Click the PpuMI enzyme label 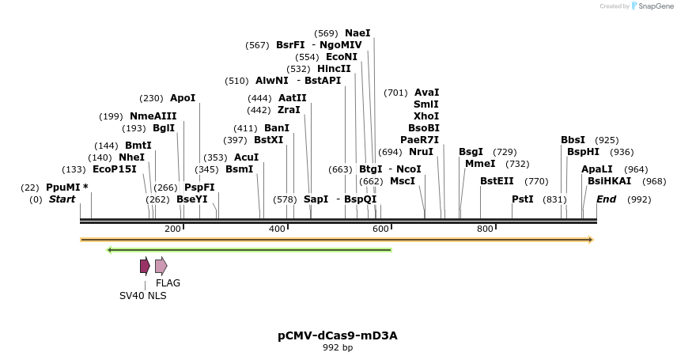(x=63, y=188)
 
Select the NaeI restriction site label (x=357, y=33)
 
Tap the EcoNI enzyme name (x=342, y=57)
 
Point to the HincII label (x=334, y=69)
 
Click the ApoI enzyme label (x=183, y=98)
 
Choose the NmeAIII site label (x=153, y=116)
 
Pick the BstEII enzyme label (x=497, y=181)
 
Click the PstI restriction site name (x=523, y=199)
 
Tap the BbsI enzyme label (x=573, y=140)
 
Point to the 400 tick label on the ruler (x=278, y=229)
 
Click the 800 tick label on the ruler (x=485, y=229)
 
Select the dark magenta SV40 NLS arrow (x=145, y=266)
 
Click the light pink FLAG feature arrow (x=161, y=266)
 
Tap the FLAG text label (x=168, y=283)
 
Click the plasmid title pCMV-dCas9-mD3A (x=338, y=335)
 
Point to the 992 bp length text (x=338, y=347)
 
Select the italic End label (x=606, y=199)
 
